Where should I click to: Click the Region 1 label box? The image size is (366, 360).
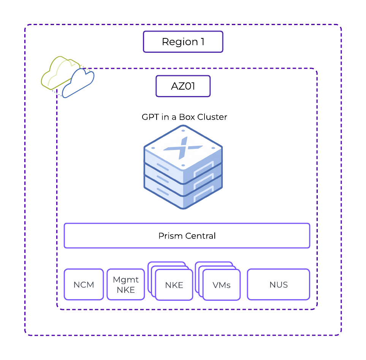pos(183,42)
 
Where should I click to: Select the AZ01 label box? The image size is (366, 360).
pos(183,86)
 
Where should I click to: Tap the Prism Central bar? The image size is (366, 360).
pos(187,236)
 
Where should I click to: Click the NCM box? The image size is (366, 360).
pos(84,284)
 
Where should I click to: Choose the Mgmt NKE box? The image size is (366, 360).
pos(125,284)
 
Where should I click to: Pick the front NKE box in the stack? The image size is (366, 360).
pos(174,285)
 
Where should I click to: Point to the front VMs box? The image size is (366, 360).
pos(221,285)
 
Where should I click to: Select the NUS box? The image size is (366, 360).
pos(278,284)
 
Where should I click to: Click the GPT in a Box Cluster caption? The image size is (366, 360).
pos(184,117)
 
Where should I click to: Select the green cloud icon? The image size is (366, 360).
pos(57,72)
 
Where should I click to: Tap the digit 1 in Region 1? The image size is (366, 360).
pos(202,42)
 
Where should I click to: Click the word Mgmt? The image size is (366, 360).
pos(125,280)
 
